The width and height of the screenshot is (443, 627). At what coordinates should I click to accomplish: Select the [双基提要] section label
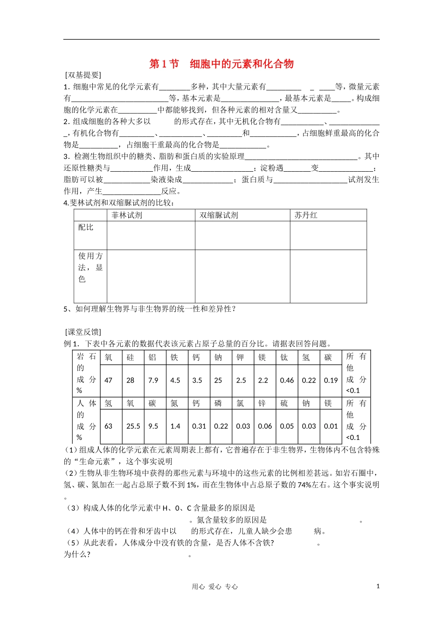click(83, 75)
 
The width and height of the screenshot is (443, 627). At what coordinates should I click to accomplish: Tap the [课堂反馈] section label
click(83, 332)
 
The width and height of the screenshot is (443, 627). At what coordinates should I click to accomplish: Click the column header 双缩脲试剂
click(219, 215)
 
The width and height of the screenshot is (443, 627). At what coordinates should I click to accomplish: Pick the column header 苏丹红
click(306, 215)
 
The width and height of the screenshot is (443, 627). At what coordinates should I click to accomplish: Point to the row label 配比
click(86, 227)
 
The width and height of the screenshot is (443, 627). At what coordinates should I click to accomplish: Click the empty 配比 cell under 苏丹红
click(328, 236)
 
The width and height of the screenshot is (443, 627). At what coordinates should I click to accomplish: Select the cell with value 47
click(109, 380)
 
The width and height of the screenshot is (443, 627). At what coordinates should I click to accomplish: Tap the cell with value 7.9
click(153, 380)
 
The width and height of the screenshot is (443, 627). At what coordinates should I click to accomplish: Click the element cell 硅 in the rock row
click(131, 357)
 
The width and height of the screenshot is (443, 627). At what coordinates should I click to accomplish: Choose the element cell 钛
click(284, 357)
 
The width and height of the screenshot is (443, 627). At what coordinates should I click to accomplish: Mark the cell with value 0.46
click(287, 380)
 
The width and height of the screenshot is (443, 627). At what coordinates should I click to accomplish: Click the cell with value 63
click(109, 426)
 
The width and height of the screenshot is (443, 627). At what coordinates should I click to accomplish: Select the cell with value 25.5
click(133, 426)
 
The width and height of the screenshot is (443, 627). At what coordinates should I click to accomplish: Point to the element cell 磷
click(218, 403)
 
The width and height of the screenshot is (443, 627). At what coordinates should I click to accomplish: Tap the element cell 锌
click(262, 403)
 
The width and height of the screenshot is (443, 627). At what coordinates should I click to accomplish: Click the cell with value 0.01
click(331, 426)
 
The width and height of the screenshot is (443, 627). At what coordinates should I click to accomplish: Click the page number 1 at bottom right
click(378, 586)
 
